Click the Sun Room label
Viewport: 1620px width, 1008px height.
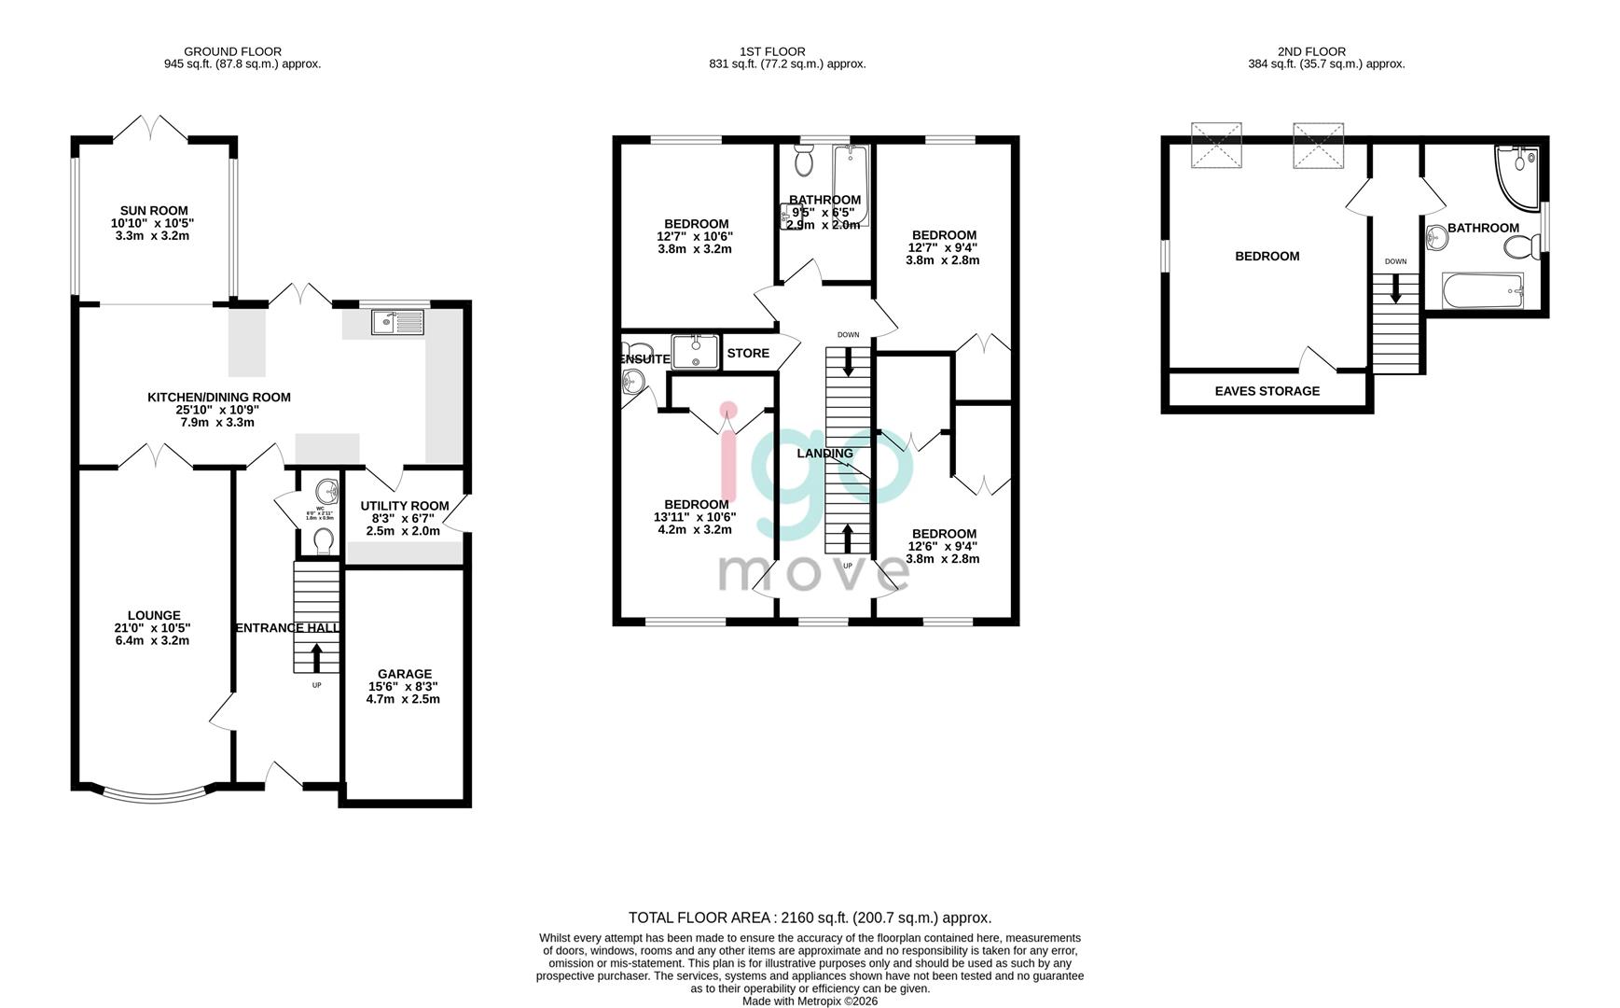tap(154, 211)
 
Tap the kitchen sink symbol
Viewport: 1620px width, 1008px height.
tap(397, 322)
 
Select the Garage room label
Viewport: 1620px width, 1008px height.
tap(404, 674)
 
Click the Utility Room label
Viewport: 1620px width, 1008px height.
tap(405, 506)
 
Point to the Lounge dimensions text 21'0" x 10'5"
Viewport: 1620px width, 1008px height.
tap(154, 628)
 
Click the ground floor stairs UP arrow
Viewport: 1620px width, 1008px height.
tap(316, 657)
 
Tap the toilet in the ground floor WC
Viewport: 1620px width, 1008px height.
tap(323, 540)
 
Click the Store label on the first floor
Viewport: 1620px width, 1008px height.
tap(748, 353)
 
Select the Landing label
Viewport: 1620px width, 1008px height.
tap(824, 454)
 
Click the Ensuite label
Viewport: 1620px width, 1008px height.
tap(644, 359)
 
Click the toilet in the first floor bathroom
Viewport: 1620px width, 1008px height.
tap(804, 162)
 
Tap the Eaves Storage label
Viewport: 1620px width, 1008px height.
tap(1267, 391)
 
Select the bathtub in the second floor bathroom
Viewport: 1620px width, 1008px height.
tap(1483, 291)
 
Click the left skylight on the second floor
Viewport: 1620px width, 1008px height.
tap(1216, 146)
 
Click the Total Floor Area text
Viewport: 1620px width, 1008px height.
tap(810, 917)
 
